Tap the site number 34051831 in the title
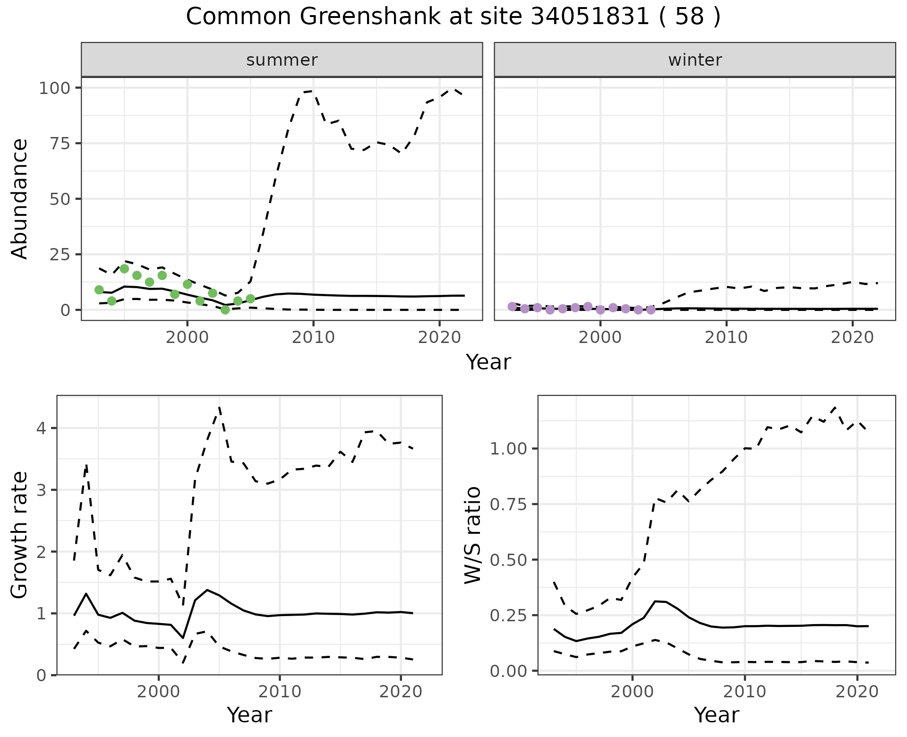pos(590,17)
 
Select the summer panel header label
pos(282,60)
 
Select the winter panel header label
pos(695,60)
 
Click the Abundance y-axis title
pos(20,199)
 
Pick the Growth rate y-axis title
pos(20,535)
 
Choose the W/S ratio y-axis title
pos(472,535)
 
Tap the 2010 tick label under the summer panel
pos(313,337)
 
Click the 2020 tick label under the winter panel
pos(852,337)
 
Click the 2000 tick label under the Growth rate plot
pos(159,692)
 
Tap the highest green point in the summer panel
pos(124,269)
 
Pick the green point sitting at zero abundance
pos(225,310)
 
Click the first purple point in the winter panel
pos(512,307)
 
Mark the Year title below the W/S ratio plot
pos(716,715)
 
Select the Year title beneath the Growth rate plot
pos(249,715)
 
